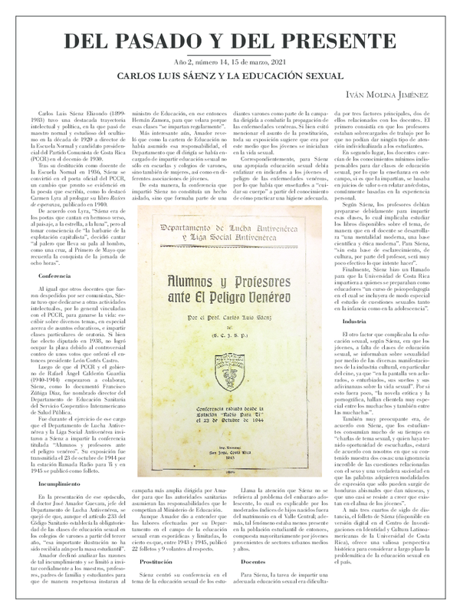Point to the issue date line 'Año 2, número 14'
229,62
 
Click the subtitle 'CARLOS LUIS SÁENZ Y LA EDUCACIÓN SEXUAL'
229,77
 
